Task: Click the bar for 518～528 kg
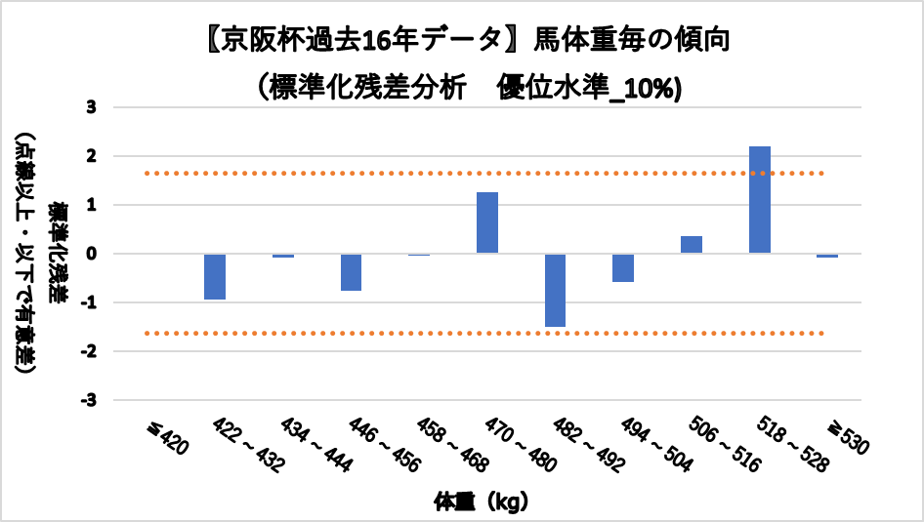[760, 200]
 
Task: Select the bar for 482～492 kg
[555, 290]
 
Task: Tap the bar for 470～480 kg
[487, 222]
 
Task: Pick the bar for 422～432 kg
[215, 276]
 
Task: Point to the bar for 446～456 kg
[351, 272]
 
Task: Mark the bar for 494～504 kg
[623, 267]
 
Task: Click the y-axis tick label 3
[92, 107]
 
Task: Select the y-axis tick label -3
[89, 400]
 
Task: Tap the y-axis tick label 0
[92, 254]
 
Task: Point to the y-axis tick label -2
[89, 351]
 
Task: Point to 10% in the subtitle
[651, 87]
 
